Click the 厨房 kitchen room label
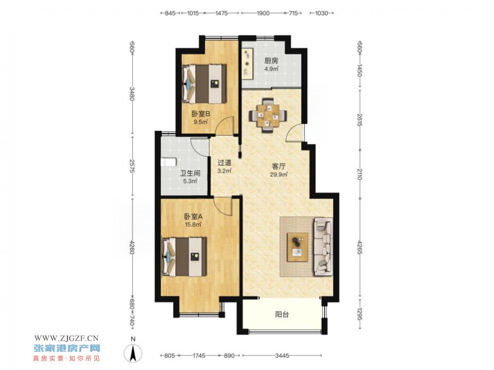point(271,61)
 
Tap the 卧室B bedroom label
point(201,113)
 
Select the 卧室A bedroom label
point(193,216)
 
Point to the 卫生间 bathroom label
point(190,173)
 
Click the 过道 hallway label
point(224,163)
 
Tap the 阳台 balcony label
point(282,314)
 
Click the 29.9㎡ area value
point(278,174)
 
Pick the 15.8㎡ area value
point(193,224)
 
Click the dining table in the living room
point(268,116)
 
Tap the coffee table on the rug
point(297,247)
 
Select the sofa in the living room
point(323,246)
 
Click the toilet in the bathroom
point(168,162)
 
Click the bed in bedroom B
point(204,84)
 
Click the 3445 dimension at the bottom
point(282,356)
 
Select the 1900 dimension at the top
point(263,13)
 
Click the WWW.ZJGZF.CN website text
point(66,338)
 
